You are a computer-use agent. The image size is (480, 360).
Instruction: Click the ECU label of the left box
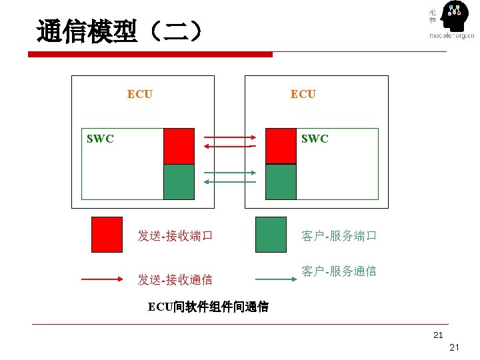139,94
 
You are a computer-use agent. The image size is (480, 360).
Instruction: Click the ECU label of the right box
303,94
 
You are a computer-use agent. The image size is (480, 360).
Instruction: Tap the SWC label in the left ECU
100,139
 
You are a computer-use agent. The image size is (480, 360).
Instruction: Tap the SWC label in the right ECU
314,139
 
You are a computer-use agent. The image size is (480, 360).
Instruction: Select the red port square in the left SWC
179,146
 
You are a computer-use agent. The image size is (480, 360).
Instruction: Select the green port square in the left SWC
179,182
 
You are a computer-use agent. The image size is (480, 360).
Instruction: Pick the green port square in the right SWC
281,182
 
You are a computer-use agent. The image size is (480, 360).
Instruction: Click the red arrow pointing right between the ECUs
229,138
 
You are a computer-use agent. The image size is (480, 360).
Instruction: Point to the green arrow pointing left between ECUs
229,181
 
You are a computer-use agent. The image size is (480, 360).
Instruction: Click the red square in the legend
107,234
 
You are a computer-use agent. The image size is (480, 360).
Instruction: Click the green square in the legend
271,234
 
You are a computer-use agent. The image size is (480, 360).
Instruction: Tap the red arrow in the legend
107,280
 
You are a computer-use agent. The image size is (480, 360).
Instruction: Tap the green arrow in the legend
271,280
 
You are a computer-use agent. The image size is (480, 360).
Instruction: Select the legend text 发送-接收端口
175,235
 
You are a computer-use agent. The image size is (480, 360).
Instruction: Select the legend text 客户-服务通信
339,271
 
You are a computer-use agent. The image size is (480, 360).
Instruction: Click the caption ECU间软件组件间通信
208,307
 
